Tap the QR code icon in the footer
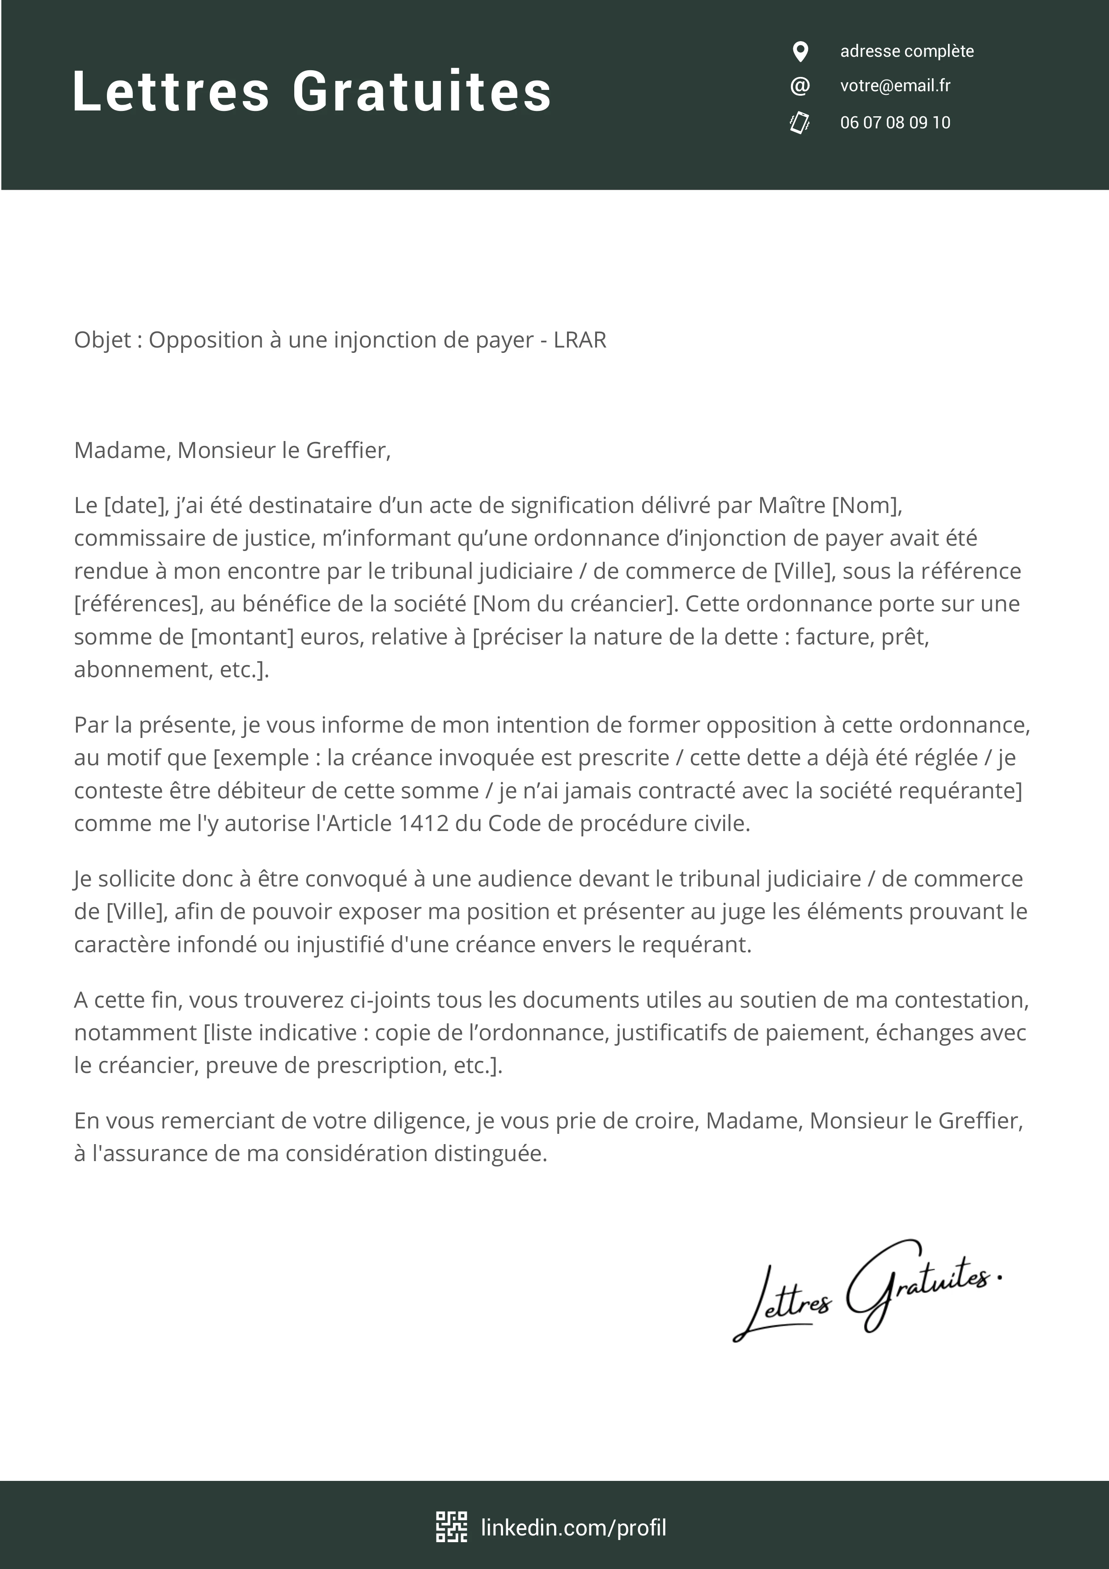coord(452,1527)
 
